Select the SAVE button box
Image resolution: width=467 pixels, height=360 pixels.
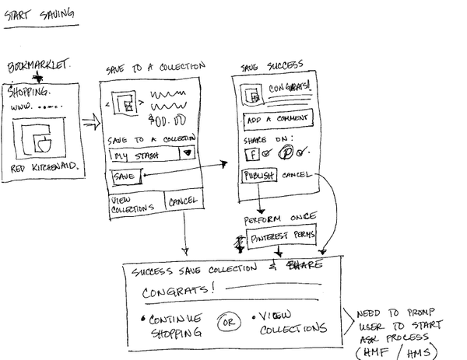[125, 178]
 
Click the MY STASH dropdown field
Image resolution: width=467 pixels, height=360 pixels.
[143, 155]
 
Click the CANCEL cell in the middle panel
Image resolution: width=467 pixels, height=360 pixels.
[183, 202]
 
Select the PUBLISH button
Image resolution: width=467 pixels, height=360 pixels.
[259, 176]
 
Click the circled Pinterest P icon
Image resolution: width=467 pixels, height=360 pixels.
[287, 151]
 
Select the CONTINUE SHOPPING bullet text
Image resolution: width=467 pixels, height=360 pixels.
[172, 325]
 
